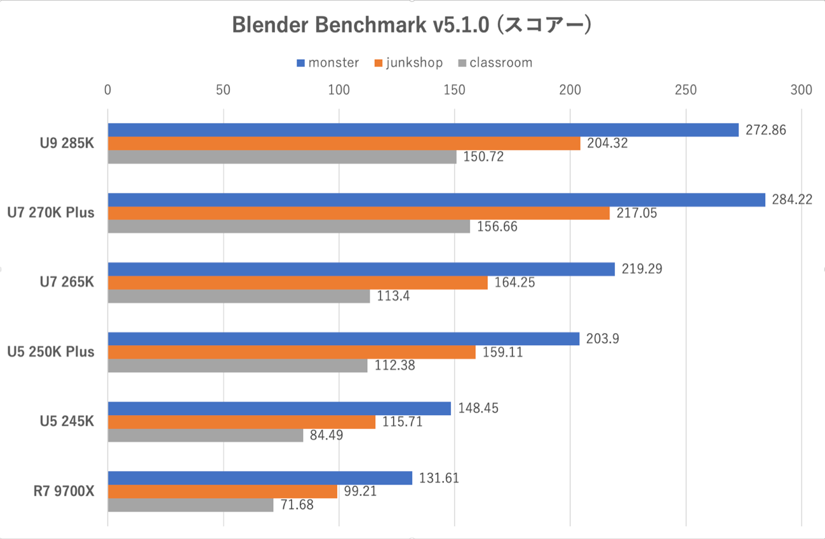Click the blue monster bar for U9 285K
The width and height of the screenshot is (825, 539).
423,130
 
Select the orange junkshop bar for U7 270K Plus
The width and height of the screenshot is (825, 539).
359,213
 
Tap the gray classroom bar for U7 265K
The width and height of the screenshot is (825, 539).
239,296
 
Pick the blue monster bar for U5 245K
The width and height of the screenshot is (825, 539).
279,408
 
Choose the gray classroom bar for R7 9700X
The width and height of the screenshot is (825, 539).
191,505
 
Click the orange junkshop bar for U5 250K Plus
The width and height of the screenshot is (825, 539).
292,352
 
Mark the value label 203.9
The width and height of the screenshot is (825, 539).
601,338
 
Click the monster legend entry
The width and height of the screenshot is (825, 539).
328,62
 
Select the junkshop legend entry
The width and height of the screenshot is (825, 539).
409,62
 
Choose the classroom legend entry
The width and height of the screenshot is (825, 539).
495,62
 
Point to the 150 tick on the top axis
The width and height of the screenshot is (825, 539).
454,90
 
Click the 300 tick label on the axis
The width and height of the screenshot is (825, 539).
802,90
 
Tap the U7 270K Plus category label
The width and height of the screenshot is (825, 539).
50,212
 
